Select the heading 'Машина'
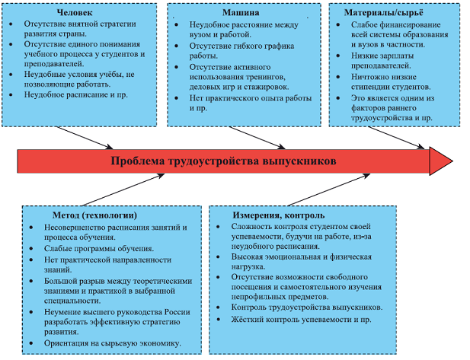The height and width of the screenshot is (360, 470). point(239,14)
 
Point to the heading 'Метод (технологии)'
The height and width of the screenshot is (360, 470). point(96,216)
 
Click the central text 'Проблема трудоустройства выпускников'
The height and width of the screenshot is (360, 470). point(222,161)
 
